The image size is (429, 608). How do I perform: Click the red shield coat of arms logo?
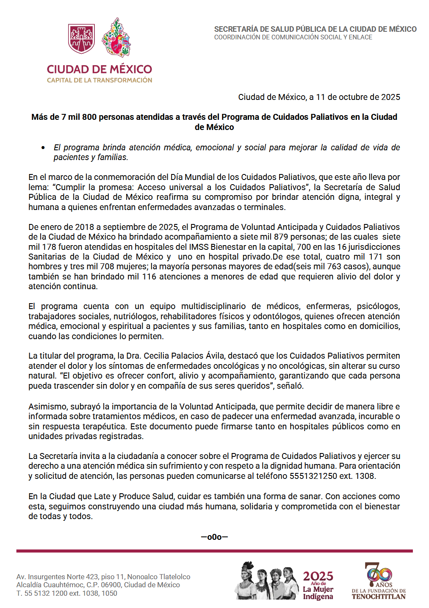(81, 39)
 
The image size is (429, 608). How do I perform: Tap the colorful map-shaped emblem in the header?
(116, 37)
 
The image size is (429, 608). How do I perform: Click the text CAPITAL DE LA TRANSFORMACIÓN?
(100, 80)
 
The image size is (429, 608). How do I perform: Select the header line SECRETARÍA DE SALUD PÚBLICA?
(315, 29)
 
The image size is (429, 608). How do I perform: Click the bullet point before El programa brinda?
(43, 148)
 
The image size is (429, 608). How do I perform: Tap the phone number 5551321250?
(313, 476)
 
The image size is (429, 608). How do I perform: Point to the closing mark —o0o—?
(214, 537)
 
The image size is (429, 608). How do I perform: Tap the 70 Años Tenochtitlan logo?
(379, 580)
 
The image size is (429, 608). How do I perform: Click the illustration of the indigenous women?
(267, 580)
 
